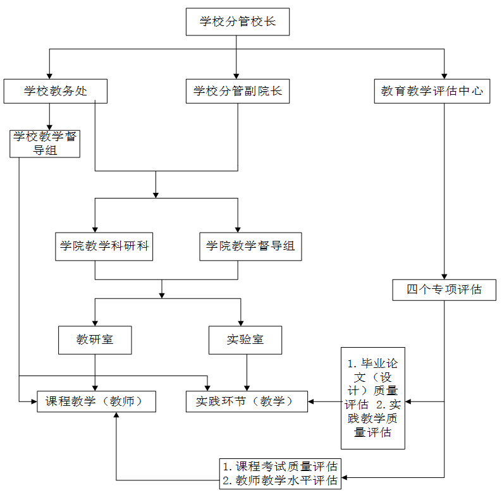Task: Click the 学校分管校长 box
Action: pyautogui.click(x=237, y=22)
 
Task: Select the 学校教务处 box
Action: pyautogui.click(x=55, y=91)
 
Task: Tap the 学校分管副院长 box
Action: pyautogui.click(x=237, y=91)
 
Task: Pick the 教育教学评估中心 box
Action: pyautogui.click(x=432, y=91)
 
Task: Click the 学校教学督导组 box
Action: pyautogui.click(x=45, y=144)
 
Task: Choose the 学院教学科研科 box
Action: pyautogui.click(x=104, y=247)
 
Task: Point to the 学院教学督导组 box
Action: pyautogui.click(x=250, y=247)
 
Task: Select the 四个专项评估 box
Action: pyautogui.click(x=444, y=290)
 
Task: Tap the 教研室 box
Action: pyautogui.click(x=95, y=339)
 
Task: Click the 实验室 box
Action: pyautogui.click(x=245, y=339)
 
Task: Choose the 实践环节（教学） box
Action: pyautogui.click(x=247, y=401)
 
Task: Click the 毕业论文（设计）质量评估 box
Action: pyautogui.click(x=373, y=398)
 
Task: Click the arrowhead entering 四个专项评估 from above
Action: pyautogui.click(x=444, y=276)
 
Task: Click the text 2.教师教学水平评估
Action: pyautogui.click(x=281, y=480)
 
